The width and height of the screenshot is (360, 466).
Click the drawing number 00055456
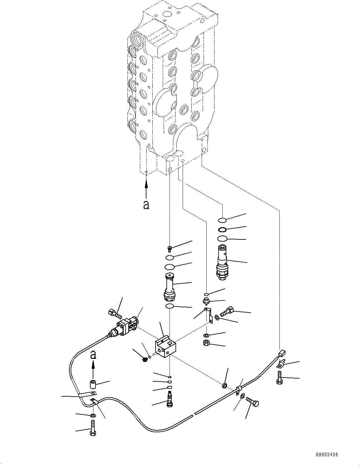pos(327,455)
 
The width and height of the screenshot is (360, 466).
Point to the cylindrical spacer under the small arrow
pos(92,384)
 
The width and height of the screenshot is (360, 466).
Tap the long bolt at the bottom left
pos(93,428)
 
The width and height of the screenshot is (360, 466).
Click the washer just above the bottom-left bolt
pos(92,416)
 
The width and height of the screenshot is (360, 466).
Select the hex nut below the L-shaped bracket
pos(206,343)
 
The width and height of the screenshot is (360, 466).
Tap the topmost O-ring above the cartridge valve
pos(222,219)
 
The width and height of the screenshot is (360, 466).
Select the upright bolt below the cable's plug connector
pos(279,377)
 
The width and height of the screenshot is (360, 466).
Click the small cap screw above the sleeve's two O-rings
pos(170,249)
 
